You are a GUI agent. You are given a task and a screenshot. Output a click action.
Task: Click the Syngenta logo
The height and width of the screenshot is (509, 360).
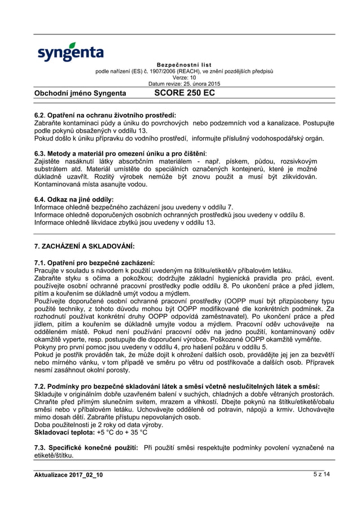(x=70, y=51)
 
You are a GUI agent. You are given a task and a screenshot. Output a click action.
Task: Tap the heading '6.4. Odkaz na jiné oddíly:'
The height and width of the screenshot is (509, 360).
(x=74, y=199)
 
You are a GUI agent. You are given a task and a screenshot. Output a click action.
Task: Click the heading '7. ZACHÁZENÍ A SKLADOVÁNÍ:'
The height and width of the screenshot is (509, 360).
(x=85, y=246)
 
